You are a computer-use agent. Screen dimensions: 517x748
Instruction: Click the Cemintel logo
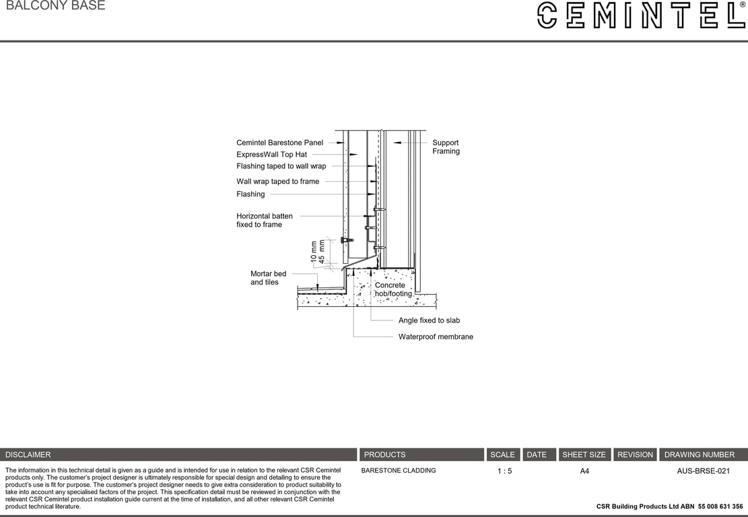click(x=640, y=15)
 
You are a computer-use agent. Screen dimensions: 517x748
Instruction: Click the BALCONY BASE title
click(x=55, y=6)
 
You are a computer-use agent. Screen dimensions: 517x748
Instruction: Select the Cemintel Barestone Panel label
click(x=279, y=143)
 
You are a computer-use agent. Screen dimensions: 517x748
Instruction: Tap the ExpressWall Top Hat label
click(x=271, y=155)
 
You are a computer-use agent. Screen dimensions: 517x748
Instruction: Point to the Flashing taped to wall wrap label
click(x=281, y=166)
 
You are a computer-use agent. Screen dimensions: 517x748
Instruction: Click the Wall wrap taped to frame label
click(x=277, y=182)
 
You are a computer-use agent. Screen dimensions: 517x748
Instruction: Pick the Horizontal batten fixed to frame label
click(x=264, y=220)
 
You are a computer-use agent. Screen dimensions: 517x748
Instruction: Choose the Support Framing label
click(x=446, y=147)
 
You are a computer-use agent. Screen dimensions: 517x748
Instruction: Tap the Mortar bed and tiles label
click(x=268, y=278)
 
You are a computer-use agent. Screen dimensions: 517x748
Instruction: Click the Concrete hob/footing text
click(x=393, y=289)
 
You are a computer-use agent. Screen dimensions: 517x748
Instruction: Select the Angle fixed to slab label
click(x=429, y=321)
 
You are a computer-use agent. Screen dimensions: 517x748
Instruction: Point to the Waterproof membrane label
click(x=436, y=337)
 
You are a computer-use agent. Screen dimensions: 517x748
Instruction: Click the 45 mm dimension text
click(x=322, y=250)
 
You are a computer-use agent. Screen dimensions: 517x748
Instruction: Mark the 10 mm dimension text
click(x=314, y=251)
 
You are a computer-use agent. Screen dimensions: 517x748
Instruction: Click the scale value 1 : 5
click(x=504, y=471)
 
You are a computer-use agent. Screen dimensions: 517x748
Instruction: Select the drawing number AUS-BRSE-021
click(x=703, y=471)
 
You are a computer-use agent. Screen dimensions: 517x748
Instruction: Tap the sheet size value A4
click(x=584, y=471)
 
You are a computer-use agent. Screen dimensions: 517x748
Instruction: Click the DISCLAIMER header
click(x=28, y=455)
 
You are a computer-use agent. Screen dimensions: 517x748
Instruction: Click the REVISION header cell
click(x=635, y=455)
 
